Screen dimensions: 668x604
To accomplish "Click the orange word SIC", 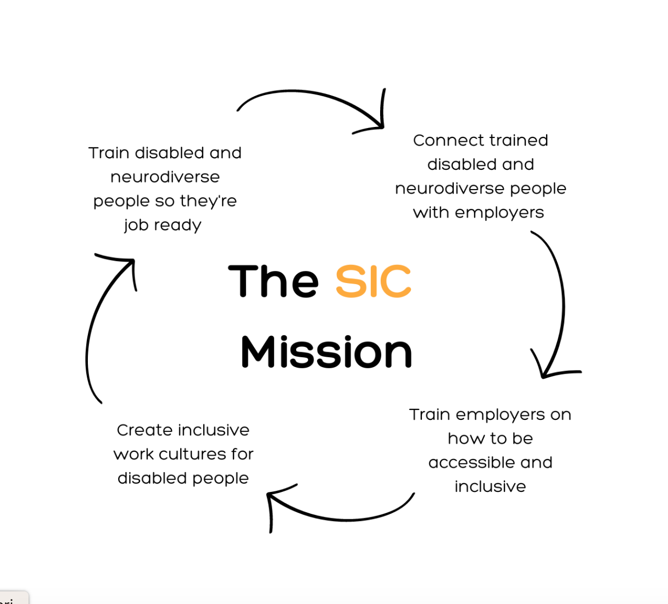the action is click(x=373, y=281).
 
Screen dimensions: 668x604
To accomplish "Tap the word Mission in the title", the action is click(x=326, y=352).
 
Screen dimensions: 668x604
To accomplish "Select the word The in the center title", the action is click(x=274, y=281).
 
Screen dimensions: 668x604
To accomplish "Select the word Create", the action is click(x=144, y=430).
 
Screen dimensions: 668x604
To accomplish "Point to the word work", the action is click(x=133, y=455).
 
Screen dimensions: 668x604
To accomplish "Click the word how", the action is click(x=460, y=439).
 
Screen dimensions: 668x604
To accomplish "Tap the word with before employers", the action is click(x=431, y=213).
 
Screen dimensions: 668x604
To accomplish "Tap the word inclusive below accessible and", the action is click(x=490, y=487).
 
